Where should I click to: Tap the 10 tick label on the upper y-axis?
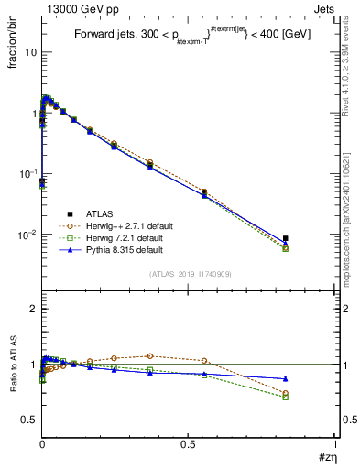29,52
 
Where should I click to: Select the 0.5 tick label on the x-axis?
188,443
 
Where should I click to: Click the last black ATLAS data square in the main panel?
286,238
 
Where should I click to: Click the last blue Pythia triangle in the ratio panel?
286,378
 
